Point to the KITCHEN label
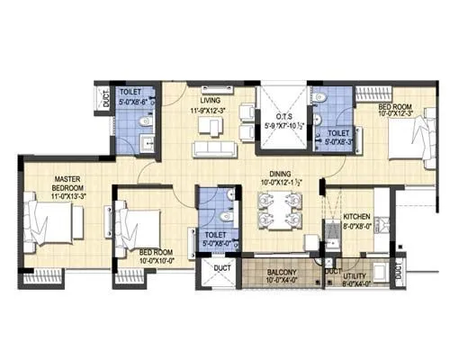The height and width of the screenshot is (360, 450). (x=357, y=219)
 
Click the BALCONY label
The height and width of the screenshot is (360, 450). (x=284, y=270)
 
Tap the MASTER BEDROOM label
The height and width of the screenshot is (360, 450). (x=67, y=184)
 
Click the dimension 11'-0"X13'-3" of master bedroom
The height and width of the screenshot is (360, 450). (x=68, y=196)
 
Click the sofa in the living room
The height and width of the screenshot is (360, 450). (x=212, y=147)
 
